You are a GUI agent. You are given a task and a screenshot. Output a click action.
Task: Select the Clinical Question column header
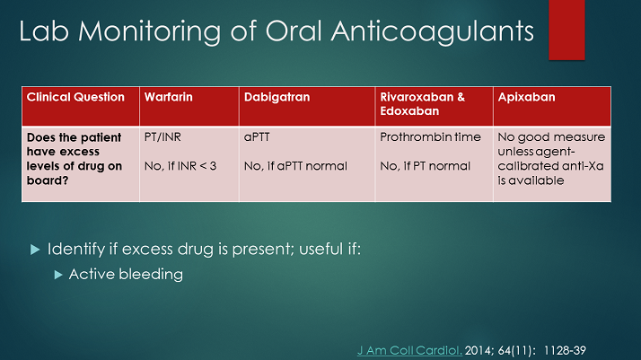click(x=75, y=97)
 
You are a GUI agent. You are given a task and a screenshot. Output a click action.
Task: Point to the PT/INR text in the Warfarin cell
click(x=164, y=137)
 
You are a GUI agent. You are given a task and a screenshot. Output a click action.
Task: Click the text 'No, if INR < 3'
click(x=180, y=166)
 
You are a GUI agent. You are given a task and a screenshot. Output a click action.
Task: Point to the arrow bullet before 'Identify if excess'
click(x=35, y=249)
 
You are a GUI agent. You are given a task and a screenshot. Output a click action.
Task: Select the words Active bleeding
click(x=126, y=275)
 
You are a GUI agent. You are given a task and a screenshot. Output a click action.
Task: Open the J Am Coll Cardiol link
click(x=409, y=343)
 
